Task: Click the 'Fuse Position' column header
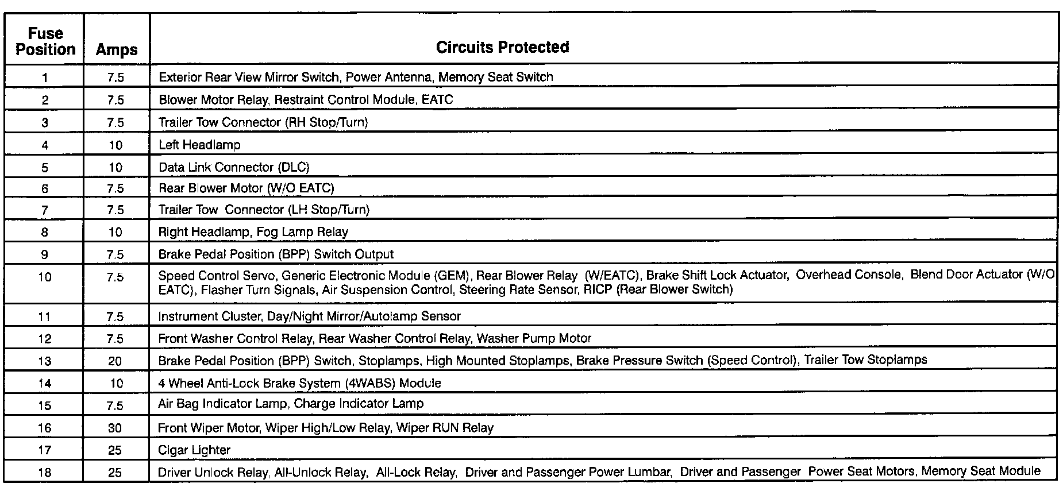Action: pyautogui.click(x=45, y=41)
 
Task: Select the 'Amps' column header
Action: pyautogui.click(x=117, y=50)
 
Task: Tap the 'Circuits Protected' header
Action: pyautogui.click(x=502, y=47)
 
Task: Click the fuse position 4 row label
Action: pyautogui.click(x=45, y=145)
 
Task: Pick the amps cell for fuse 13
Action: pyautogui.click(x=115, y=361)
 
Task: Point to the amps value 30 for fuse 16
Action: pyautogui.click(x=115, y=428)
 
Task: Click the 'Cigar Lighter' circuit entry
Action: pyautogui.click(x=194, y=450)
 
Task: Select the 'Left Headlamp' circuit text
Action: pyautogui.click(x=199, y=145)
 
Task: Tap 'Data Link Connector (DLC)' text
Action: pyautogui.click(x=234, y=167)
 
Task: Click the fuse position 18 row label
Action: pyautogui.click(x=45, y=473)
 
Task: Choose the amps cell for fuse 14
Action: pyautogui.click(x=116, y=384)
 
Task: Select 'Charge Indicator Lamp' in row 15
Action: pyautogui.click(x=359, y=404)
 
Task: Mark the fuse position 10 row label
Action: pyautogui.click(x=45, y=277)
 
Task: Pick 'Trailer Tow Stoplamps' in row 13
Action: pyautogui.click(x=865, y=360)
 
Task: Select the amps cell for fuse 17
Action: pyautogui.click(x=115, y=451)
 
